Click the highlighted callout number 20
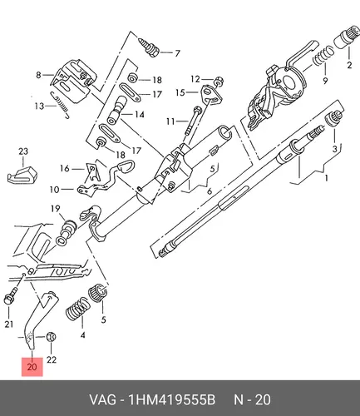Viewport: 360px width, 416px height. (x=32, y=367)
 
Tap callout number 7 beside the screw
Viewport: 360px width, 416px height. (x=177, y=52)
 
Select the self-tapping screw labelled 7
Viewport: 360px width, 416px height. (x=149, y=47)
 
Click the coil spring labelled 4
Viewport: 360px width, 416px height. (x=78, y=309)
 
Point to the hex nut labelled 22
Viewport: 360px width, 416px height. (x=51, y=337)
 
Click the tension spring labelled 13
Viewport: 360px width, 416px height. (x=60, y=105)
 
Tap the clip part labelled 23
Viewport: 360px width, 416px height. (x=22, y=176)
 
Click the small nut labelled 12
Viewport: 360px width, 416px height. (x=219, y=81)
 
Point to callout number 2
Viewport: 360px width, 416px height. (x=349, y=65)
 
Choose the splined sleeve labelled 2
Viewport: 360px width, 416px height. (x=343, y=40)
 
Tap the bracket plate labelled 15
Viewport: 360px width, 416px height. (x=210, y=95)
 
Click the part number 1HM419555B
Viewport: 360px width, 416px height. (x=171, y=400)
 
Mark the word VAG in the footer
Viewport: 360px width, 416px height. (x=102, y=400)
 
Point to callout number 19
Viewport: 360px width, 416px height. (x=56, y=208)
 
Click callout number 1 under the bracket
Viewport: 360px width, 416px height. (x=326, y=178)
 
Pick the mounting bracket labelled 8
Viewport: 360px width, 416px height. (x=73, y=82)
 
